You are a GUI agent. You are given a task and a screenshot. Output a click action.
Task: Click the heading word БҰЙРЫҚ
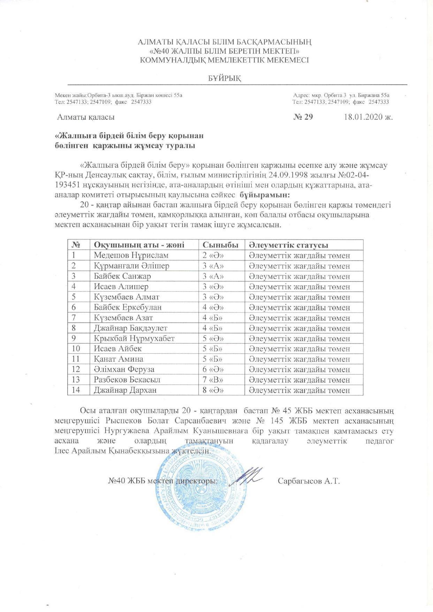(225, 79)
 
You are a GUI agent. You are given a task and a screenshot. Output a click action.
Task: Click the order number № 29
(303, 117)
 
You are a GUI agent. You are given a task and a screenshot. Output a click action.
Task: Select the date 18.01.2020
(364, 117)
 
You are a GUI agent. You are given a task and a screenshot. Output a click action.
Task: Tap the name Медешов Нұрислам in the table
(131, 255)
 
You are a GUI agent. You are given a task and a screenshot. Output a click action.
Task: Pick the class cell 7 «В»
(213, 380)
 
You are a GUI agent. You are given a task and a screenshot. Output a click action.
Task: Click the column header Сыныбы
(221, 245)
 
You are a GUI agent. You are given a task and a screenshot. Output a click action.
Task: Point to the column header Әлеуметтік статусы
(288, 245)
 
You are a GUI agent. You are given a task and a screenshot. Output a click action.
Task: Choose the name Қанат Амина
(118, 359)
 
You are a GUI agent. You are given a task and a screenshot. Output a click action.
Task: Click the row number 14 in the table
(76, 390)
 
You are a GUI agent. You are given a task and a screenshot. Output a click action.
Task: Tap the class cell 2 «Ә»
(213, 255)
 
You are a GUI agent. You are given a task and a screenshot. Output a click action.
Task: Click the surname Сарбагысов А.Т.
(309, 482)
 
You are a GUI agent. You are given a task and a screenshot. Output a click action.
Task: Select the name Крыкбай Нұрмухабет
(134, 338)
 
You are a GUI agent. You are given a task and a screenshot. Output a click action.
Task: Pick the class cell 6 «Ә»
(213, 369)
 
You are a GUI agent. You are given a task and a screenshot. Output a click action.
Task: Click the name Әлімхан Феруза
(124, 369)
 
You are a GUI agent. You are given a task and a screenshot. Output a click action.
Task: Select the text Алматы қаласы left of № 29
(86, 117)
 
